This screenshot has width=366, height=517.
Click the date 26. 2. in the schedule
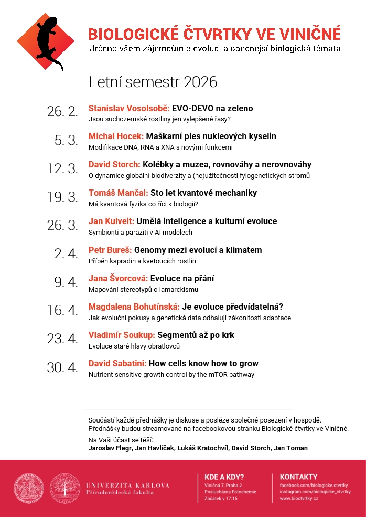tap(62, 111)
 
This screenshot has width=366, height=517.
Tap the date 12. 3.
tap(62, 168)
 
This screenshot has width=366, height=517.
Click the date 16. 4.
tap(62, 310)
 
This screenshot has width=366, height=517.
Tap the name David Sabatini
tap(118, 363)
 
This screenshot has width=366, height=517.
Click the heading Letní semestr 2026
tap(153, 82)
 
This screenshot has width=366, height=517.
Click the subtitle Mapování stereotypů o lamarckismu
tap(144, 289)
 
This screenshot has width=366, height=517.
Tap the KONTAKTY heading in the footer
tap(299, 477)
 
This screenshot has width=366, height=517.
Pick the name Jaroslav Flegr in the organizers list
tap(110, 448)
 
